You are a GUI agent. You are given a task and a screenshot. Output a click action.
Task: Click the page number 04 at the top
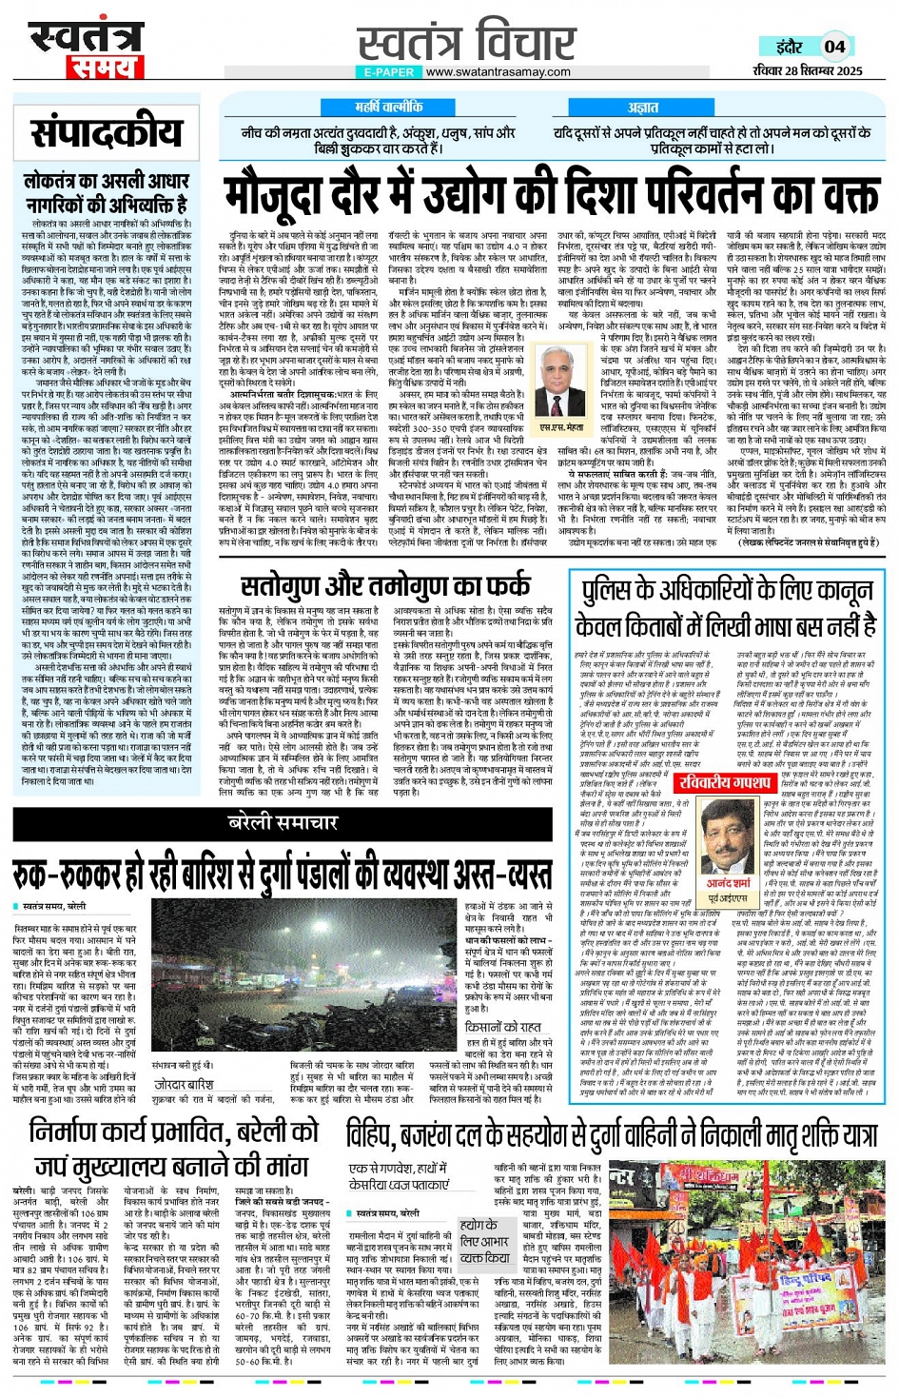[x=835, y=46]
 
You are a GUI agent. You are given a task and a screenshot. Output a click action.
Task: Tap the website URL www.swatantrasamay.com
[x=498, y=72]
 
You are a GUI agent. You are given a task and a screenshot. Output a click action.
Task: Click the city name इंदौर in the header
[x=790, y=46]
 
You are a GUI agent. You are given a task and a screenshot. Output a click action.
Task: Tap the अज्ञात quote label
[x=643, y=108]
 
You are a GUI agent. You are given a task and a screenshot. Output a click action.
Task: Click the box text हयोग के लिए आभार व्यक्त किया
[x=484, y=1241]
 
